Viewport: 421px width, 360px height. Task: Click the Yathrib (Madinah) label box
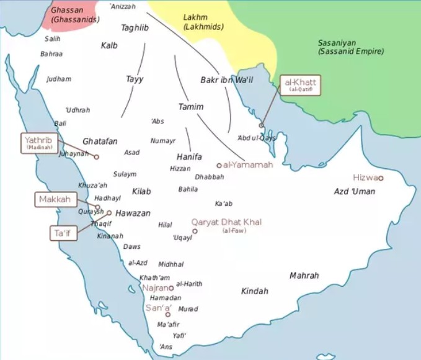pyautogui.click(x=40, y=143)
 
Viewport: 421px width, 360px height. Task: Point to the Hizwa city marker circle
pyautogui.click(x=381, y=178)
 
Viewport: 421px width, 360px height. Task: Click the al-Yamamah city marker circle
pyautogui.click(x=219, y=165)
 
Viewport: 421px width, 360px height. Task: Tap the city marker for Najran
pyautogui.click(x=171, y=288)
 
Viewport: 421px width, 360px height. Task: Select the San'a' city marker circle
pyautogui.click(x=167, y=315)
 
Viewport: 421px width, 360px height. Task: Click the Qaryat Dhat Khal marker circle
pyautogui.click(x=195, y=231)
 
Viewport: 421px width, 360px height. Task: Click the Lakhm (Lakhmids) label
pyautogui.click(x=204, y=22)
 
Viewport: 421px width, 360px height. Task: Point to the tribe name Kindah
pyautogui.click(x=254, y=291)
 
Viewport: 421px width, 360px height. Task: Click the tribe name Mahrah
pyautogui.click(x=304, y=275)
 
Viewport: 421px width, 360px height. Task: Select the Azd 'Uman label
pyautogui.click(x=355, y=192)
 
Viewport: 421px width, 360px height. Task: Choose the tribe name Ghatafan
pyautogui.click(x=100, y=142)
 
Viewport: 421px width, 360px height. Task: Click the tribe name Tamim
pyautogui.click(x=190, y=107)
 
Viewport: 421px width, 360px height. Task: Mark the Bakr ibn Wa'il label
pyautogui.click(x=226, y=80)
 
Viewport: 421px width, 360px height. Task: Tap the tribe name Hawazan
pyautogui.click(x=133, y=213)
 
